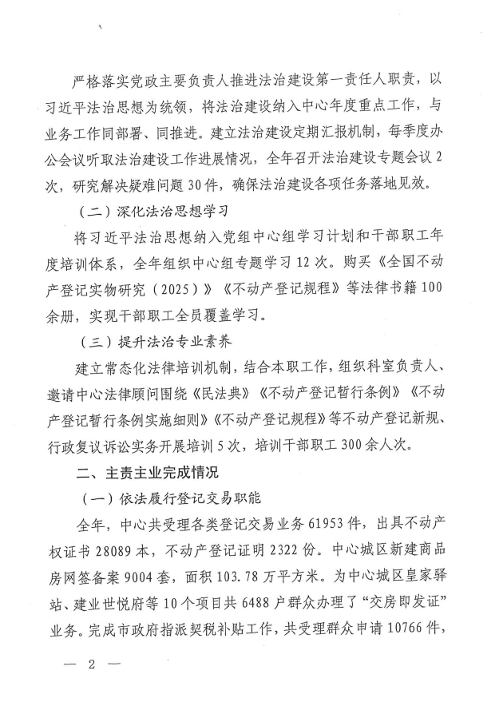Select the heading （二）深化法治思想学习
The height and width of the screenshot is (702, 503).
point(155,212)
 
